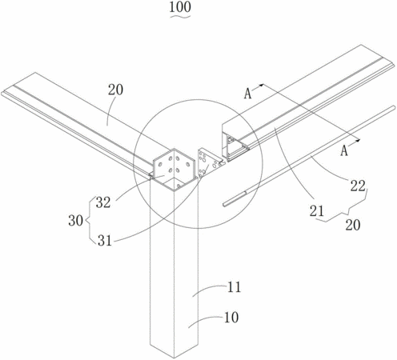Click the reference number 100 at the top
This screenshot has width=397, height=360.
pos(180,7)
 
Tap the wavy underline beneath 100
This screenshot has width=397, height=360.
pos(180,16)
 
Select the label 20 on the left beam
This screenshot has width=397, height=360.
pos(115,90)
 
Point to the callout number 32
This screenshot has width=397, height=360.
pos(103,202)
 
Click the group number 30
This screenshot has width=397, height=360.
pos(76,221)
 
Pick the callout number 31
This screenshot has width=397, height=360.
pos(105,241)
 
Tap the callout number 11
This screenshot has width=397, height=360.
pos(234,287)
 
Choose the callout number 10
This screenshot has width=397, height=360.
pos(231,318)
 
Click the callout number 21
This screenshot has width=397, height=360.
pos(317,211)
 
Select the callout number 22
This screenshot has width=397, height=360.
pos(358,186)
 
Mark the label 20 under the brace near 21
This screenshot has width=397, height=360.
pos(353,225)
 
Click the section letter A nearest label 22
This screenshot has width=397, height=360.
pos(344,150)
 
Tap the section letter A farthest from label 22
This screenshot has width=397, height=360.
pos(247,94)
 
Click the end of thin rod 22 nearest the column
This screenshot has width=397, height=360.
pos(224,205)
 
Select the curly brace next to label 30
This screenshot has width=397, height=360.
pos(90,220)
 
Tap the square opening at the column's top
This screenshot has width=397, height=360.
pos(174,184)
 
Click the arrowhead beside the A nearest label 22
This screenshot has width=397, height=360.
pos(358,140)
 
